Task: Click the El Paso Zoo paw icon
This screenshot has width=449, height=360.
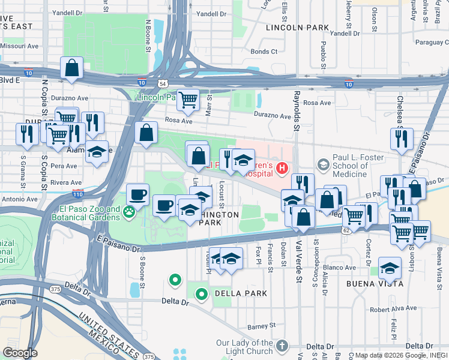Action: pos(128,211)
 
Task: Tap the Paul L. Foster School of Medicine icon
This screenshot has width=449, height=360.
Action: pos(324,164)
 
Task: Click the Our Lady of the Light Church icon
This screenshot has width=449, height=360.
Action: pos(282,346)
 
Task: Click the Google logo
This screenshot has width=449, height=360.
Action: pos(19,353)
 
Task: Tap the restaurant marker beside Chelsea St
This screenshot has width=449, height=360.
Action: pos(401,137)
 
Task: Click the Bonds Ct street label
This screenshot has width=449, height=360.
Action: pos(264,52)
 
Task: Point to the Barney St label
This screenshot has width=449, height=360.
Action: pos(261,326)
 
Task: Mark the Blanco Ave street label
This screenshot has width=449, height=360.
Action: pos(340,268)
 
